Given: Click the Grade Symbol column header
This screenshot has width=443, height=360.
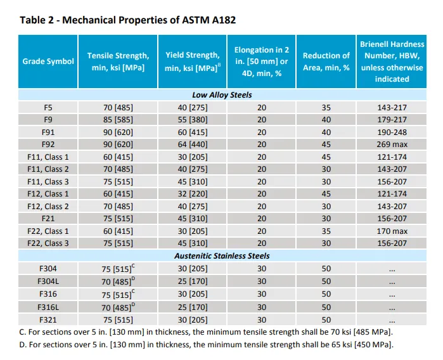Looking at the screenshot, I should click(48, 61).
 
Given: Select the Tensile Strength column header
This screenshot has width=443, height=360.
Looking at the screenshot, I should click(118, 61).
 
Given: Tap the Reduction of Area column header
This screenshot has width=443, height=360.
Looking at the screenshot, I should click(326, 61).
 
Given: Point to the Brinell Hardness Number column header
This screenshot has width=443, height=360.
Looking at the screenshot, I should click(392, 61).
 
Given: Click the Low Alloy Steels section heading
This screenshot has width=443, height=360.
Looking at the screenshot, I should click(222, 95).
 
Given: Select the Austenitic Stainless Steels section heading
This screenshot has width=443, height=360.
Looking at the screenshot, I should click(222, 256).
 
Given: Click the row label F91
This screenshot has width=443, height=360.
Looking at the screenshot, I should click(48, 132).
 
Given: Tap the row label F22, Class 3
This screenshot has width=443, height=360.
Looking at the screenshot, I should click(48, 243).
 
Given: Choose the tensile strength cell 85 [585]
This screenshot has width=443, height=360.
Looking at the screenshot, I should click(118, 120).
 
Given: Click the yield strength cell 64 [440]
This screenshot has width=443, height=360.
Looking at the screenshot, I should click(192, 145).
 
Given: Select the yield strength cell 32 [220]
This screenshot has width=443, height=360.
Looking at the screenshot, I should click(192, 194).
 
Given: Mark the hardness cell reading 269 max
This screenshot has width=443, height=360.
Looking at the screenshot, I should click(392, 145).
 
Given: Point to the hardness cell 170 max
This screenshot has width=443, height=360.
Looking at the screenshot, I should click(392, 231).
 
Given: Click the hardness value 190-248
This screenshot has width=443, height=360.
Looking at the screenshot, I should click(392, 132).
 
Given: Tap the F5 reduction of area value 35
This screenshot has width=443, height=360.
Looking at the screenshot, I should click(326, 107).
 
